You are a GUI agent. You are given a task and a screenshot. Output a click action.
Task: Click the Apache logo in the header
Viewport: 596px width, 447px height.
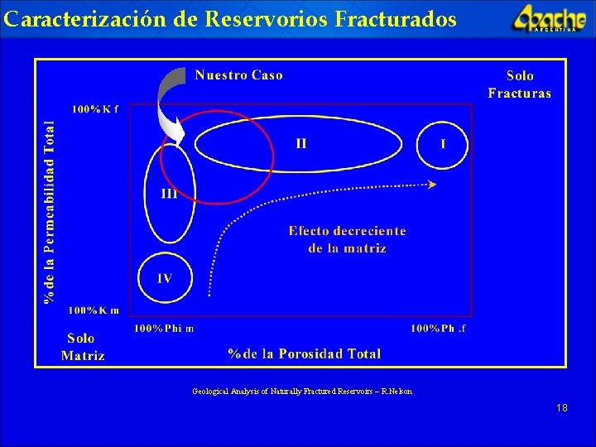tap(549, 17)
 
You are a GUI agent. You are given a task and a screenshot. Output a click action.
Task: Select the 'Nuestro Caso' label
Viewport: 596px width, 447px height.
tap(238, 75)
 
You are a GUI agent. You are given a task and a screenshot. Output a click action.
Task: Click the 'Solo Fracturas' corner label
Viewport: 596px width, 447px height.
tap(519, 84)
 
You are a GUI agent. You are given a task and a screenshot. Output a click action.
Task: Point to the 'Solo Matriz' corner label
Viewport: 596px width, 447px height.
tap(82, 347)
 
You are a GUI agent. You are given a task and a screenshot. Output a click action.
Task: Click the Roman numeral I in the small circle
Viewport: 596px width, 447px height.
tap(443, 144)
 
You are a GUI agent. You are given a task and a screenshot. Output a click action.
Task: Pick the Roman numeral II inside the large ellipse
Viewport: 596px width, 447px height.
tap(301, 143)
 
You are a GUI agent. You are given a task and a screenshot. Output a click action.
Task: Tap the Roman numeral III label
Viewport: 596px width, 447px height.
tap(169, 195)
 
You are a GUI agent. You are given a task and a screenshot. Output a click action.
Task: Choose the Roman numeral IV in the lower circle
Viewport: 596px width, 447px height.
tap(165, 278)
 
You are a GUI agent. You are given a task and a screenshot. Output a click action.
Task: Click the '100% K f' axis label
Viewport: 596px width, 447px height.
tap(94, 109)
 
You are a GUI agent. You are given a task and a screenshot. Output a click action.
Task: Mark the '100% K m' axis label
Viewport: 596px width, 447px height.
tap(94, 310)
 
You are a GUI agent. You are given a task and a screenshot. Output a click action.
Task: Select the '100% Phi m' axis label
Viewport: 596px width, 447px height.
tap(164, 329)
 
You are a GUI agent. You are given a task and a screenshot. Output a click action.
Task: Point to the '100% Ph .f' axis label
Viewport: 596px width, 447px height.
tap(438, 329)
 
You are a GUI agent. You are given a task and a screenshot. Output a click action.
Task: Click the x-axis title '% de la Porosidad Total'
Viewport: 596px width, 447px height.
tap(305, 354)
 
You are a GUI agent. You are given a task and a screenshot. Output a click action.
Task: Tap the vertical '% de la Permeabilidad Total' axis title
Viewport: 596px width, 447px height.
tap(50, 211)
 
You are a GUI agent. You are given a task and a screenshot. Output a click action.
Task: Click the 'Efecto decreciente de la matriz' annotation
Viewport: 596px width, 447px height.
tap(347, 239)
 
